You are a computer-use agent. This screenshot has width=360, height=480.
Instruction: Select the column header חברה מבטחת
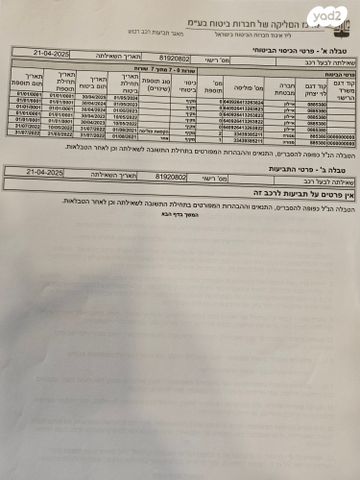coord(281,87)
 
